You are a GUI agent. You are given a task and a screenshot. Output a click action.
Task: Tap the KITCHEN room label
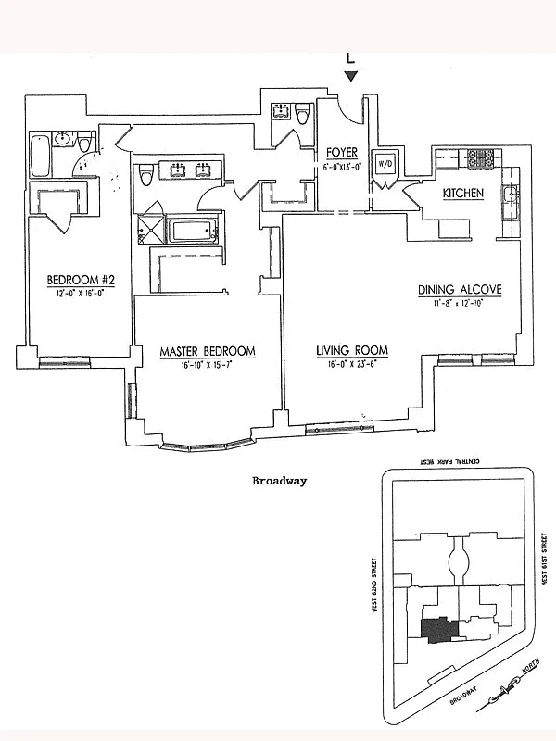[462, 193]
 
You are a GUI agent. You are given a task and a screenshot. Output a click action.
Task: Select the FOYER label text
[342, 152]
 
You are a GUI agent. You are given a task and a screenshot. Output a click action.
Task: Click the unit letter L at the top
[350, 57]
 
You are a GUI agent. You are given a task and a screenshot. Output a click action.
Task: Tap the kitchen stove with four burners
[482, 157]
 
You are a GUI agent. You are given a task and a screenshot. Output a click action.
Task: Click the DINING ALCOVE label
[459, 289]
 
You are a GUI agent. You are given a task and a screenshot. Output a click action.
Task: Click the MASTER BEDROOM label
[207, 351]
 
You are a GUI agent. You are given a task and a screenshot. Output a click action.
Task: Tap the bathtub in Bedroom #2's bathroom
[41, 156]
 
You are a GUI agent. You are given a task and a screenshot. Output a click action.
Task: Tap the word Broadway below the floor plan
[279, 482]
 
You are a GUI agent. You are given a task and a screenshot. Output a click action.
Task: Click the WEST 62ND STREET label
[375, 584]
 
